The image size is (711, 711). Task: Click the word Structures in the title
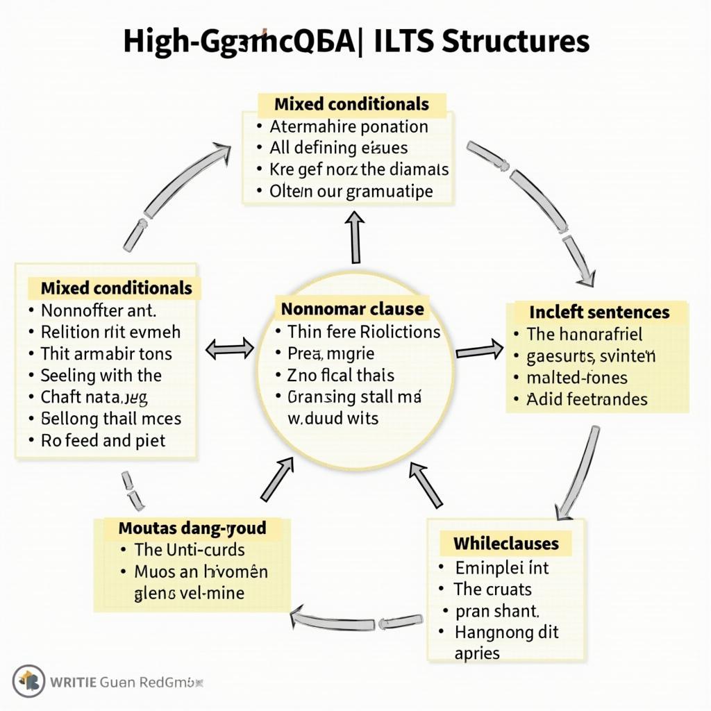click(x=515, y=42)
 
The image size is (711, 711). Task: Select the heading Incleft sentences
click(x=599, y=312)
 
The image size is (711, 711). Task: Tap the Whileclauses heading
click(x=505, y=542)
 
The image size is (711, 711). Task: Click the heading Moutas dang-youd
click(x=192, y=528)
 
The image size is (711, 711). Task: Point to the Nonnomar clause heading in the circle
click(x=352, y=308)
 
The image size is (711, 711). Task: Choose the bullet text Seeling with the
click(x=101, y=376)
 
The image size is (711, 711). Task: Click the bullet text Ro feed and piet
click(x=103, y=440)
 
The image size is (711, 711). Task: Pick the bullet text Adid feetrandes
click(x=587, y=399)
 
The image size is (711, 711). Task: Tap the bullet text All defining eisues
click(x=338, y=148)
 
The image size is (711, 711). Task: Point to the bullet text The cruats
click(x=492, y=589)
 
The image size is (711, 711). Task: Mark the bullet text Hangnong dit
click(x=506, y=633)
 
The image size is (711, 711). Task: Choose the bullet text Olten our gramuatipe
click(x=351, y=191)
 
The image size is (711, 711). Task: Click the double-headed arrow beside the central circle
click(x=231, y=348)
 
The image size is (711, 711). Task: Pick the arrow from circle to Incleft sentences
click(x=480, y=349)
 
